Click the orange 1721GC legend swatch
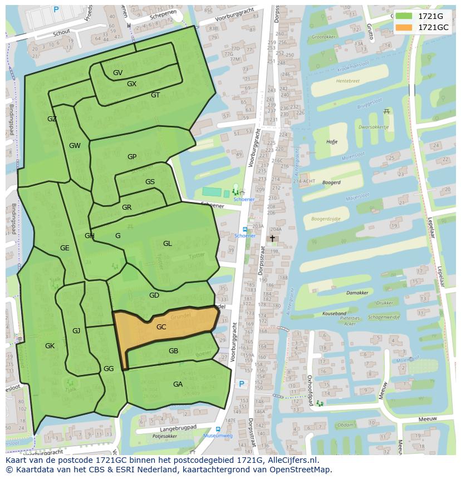coord(404,27)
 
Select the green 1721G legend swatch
coord(404,16)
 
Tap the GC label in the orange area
coord(161,327)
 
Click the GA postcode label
coord(178,384)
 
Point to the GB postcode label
coord(173,351)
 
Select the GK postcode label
coord(50,346)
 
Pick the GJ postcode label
coord(76,331)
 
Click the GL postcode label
coord(168,244)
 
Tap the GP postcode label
coord(131,157)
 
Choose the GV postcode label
coord(117,73)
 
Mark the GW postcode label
coord(75,146)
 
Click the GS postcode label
coord(150,182)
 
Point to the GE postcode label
coord(65,248)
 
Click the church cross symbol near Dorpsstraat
coord(272,238)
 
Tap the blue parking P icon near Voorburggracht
coord(242,384)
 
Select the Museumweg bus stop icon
coord(217,429)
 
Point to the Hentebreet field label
coord(348,81)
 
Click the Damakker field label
coord(357,293)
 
